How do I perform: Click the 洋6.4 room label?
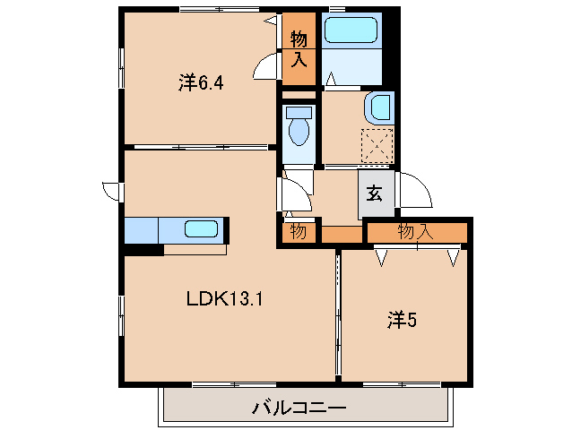(x=200, y=84)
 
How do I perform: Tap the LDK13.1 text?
(x=223, y=300)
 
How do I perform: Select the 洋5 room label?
(x=402, y=318)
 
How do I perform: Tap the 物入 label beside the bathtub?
(x=299, y=50)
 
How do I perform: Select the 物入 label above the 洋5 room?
(x=416, y=232)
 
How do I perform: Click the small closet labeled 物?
(x=298, y=232)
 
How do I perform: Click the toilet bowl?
(x=299, y=130)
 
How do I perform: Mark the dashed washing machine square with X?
(x=377, y=145)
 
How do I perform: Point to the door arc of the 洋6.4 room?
(x=266, y=68)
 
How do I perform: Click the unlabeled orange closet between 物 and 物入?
(x=342, y=236)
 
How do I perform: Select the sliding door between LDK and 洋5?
(x=338, y=314)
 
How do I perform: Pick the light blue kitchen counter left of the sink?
(x=142, y=230)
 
